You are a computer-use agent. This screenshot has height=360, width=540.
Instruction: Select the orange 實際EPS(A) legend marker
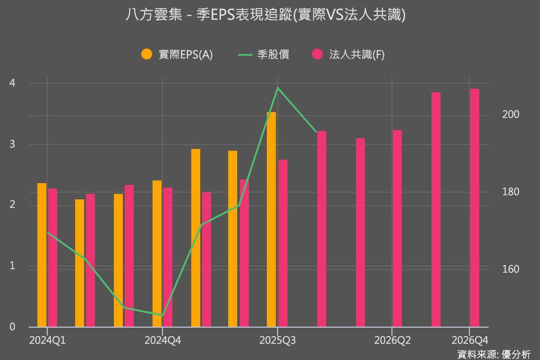147,54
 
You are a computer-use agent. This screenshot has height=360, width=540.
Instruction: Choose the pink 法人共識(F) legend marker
318,54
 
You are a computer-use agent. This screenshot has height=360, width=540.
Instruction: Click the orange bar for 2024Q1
42,255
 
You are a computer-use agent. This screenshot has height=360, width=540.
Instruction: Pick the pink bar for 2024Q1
53,257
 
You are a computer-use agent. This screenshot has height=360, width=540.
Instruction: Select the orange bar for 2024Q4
157,253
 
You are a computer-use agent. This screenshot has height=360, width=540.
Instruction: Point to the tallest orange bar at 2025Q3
271,219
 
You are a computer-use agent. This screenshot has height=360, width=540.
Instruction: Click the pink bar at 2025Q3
283,243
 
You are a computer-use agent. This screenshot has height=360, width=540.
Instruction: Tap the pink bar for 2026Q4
475,207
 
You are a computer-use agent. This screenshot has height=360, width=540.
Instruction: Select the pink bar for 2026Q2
397,228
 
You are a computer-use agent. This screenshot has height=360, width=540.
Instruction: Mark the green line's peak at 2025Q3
278,87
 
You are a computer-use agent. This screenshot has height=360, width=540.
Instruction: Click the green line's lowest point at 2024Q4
162,315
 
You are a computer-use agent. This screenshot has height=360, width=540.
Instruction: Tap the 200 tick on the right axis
510,115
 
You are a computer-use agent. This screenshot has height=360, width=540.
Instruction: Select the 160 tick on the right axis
510,270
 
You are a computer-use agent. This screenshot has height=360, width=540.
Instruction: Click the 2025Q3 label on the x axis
278,341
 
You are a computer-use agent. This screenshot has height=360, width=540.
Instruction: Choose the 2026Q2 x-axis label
392,341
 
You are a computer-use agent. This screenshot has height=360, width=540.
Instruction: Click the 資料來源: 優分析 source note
494,354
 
